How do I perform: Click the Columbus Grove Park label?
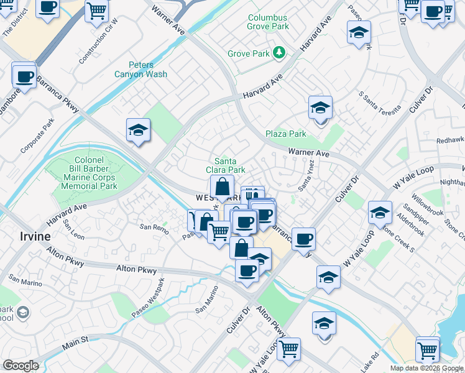(268, 22)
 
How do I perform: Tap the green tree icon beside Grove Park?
(279, 53)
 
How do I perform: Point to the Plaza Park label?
(286, 134)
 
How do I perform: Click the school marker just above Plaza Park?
(320, 108)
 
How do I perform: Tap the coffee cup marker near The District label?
(47, 7)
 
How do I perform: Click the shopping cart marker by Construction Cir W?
(96, 10)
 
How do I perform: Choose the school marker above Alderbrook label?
(379, 213)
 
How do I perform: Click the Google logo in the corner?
(21, 366)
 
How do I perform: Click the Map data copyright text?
(426, 368)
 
